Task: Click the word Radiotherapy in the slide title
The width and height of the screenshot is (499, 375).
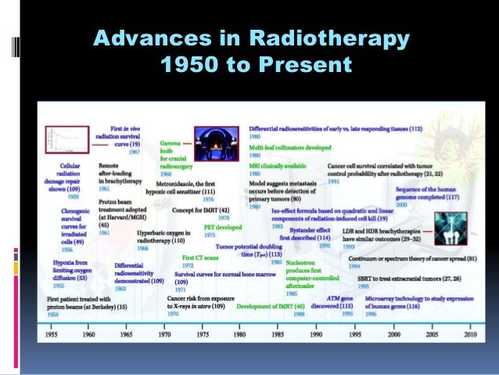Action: pyautogui.click(x=343, y=38)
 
